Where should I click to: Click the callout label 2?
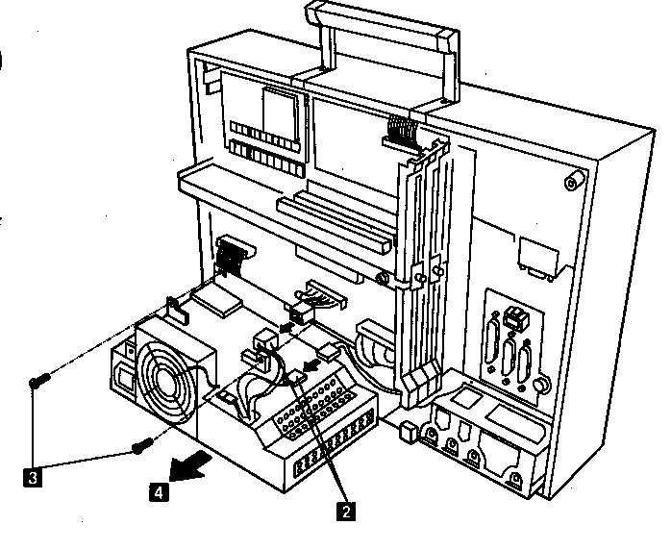(344, 511)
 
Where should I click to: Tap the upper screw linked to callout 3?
(36, 382)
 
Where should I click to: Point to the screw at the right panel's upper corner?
(573, 181)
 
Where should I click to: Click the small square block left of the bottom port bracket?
(407, 433)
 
